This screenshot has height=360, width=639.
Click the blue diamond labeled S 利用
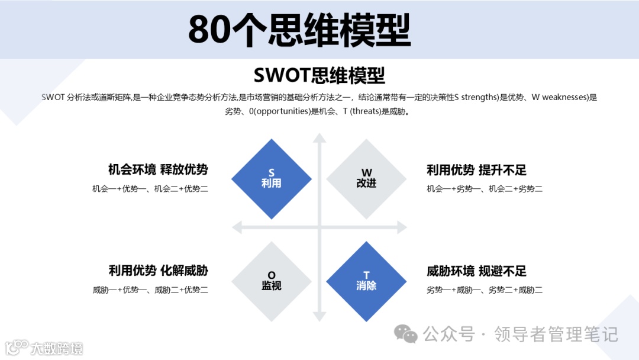tap(272, 178)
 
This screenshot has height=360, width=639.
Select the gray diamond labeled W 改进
tap(366, 178)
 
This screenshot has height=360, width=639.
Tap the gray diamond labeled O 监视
tap(272, 281)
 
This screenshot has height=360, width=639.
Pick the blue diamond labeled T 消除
tap(366, 281)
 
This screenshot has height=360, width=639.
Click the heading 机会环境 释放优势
tap(158, 170)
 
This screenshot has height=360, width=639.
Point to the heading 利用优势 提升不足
tap(476, 171)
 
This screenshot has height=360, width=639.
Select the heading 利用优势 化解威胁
tap(158, 271)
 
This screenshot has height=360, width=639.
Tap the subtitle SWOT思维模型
tap(319, 75)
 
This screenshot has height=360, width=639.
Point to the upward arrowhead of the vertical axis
tap(319, 139)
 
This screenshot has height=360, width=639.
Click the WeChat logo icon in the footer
tap(406, 335)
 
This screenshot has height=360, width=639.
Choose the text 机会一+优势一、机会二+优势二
tap(150, 189)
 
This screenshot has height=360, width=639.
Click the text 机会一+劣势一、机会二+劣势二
tap(485, 189)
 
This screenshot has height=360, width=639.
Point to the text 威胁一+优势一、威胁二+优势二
tap(150, 290)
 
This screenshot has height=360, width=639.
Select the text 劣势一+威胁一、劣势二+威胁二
tap(485, 290)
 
